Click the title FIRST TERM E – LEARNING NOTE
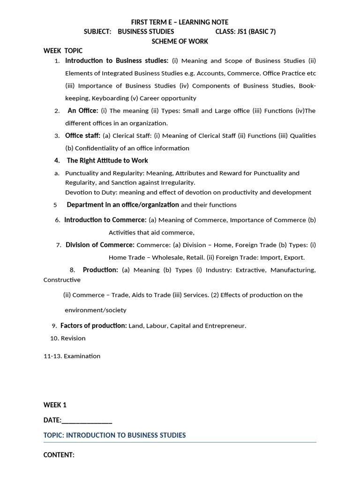(180, 22)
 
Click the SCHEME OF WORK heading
(180, 41)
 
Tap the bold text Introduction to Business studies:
(117, 60)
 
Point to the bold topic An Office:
(83, 111)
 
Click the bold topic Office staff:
(82, 135)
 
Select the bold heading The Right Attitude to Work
(107, 160)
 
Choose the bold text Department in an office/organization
(123, 204)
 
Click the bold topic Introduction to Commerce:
(105, 220)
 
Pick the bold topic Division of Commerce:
(100, 245)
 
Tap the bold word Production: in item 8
(100, 270)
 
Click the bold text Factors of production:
(94, 325)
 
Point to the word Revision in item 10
(73, 338)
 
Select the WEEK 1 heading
(55, 405)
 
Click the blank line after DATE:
(87, 420)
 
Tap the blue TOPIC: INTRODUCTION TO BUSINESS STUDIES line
(114, 435)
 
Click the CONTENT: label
(59, 455)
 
